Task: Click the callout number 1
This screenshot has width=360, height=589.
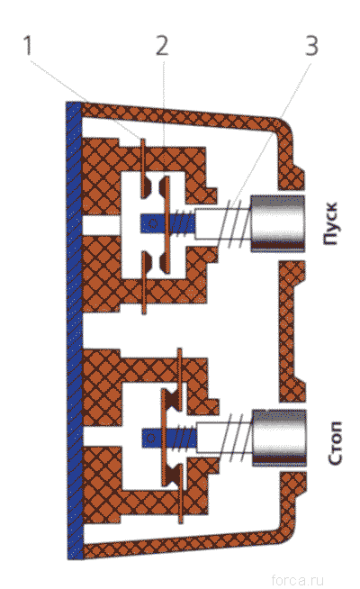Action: tap(27, 45)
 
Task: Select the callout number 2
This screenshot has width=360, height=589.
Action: tap(162, 45)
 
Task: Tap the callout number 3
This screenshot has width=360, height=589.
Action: tap(311, 45)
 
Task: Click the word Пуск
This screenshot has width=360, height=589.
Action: tap(331, 224)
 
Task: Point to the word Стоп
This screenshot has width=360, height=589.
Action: tap(335, 443)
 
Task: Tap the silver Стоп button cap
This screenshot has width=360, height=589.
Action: tap(279, 438)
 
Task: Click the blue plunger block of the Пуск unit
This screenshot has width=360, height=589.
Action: tap(167, 224)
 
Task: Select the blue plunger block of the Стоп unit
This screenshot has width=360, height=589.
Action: tap(169, 438)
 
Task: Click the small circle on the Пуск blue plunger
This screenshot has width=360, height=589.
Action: tap(152, 224)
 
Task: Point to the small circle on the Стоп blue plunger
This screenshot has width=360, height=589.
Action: tap(151, 438)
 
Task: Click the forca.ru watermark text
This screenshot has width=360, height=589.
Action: tap(297, 580)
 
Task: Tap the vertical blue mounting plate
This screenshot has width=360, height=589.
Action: tap(75, 331)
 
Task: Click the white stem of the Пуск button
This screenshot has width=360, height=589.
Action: tap(222, 224)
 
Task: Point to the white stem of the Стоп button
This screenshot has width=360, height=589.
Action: tap(224, 438)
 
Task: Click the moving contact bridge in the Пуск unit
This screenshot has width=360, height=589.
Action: tap(166, 224)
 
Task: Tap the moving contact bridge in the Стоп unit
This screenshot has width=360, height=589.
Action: tap(164, 438)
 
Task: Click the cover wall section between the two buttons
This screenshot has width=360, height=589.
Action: tap(292, 331)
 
